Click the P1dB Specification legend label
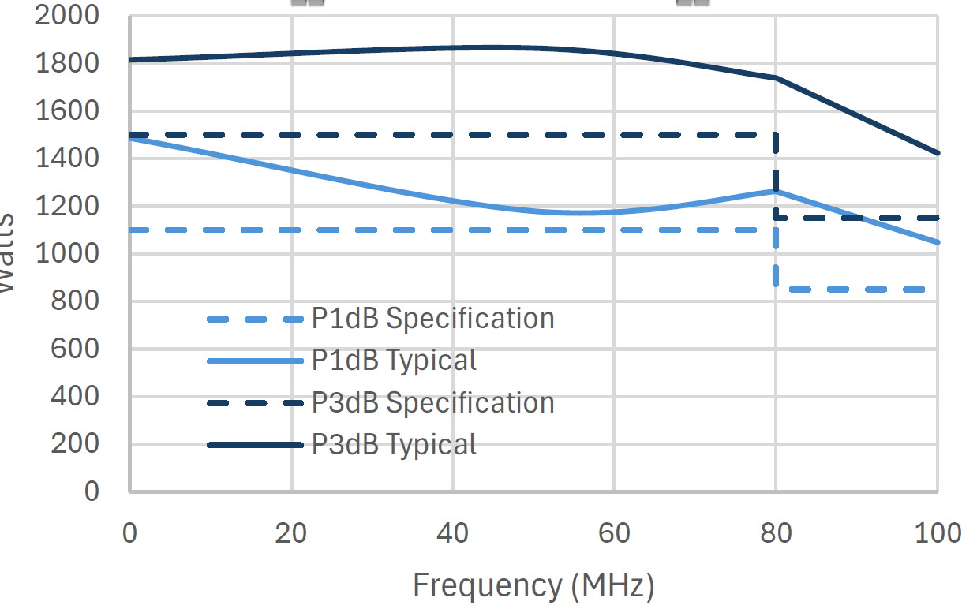(432, 319)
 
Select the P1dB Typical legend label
(394, 361)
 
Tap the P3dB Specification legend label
(432, 403)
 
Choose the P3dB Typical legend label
(394, 445)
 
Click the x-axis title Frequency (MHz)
(533, 586)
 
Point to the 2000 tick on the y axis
(68, 16)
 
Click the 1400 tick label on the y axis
(68, 159)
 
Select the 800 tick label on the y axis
(77, 301)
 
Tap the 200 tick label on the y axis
(77, 444)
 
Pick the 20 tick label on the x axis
(291, 534)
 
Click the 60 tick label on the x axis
(614, 534)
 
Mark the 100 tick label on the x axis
(937, 534)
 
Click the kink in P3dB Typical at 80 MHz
(776, 77)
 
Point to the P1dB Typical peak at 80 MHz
(776, 191)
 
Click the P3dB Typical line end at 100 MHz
(938, 153)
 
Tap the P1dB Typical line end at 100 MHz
(938, 242)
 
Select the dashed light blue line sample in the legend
(255, 319)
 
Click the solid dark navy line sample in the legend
(255, 446)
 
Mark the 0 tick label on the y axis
(92, 491)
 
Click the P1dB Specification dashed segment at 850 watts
(856, 290)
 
